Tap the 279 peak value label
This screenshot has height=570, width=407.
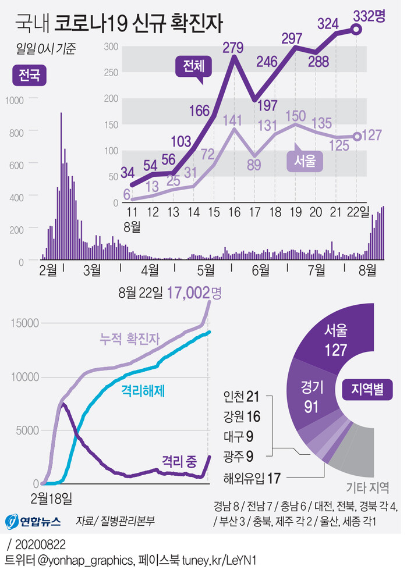coord(234,46)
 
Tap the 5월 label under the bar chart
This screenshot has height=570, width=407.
coord(205,270)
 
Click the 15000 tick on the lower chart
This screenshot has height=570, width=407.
coord(23,323)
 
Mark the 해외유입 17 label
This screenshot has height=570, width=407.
coord(252,478)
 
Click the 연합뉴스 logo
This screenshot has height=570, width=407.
coord(33,521)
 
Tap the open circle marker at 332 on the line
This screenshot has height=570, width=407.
coord(357,30)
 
